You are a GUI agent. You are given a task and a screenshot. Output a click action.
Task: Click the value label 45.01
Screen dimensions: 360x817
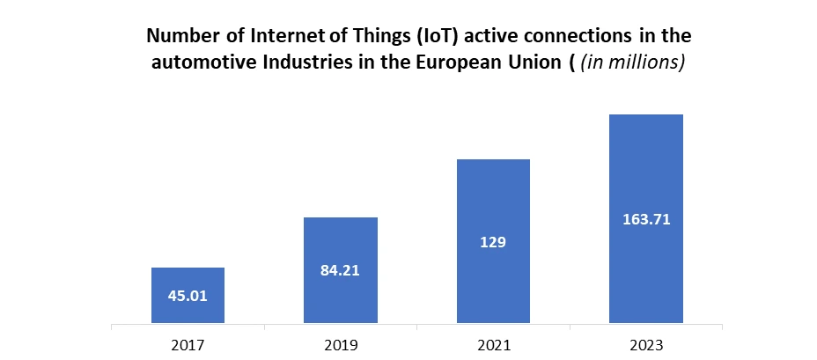188,295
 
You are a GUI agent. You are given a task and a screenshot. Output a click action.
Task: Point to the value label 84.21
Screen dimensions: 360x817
341,270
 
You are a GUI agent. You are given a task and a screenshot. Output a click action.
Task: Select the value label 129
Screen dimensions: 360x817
493,241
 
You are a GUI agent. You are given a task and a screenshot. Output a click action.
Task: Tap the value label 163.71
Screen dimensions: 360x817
646,219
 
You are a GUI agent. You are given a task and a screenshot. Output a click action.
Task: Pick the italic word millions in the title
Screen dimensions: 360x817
649,63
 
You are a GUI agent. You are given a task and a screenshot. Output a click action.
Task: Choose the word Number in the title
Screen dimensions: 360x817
176,36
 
